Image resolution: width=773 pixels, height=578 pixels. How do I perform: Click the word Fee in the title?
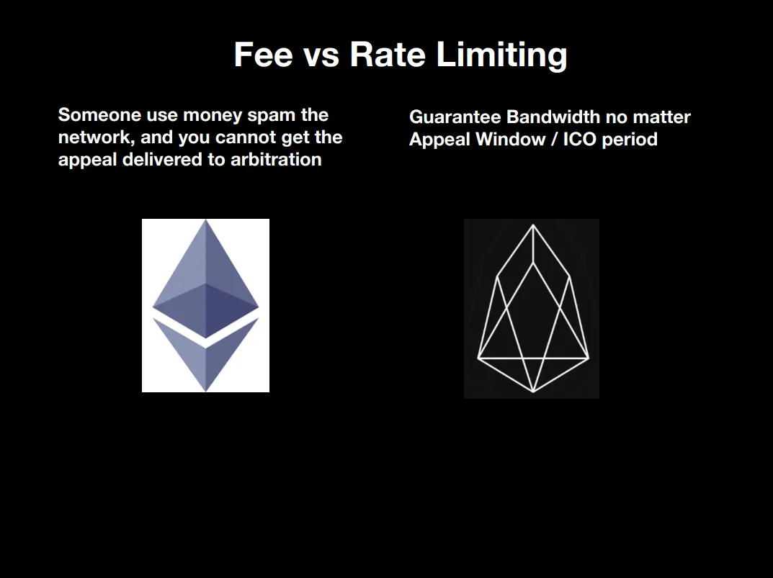coord(263,54)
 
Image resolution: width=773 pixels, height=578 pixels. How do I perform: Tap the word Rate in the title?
coord(388,54)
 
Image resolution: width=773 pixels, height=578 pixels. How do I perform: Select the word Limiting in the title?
coord(502,55)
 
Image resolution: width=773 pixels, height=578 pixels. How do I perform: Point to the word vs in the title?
coord(321,57)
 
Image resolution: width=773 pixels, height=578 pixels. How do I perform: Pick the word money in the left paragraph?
coord(213,117)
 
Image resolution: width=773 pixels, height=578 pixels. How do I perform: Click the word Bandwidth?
coord(553,117)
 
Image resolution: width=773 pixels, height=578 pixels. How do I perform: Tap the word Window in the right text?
coord(511,139)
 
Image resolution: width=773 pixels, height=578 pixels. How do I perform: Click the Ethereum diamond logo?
coord(205,305)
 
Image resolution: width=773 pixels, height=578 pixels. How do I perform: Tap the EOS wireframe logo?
coord(533,309)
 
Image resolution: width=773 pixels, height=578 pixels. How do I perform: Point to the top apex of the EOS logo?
coord(533,225)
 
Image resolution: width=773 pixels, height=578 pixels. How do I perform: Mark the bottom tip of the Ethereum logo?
coord(205,392)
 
